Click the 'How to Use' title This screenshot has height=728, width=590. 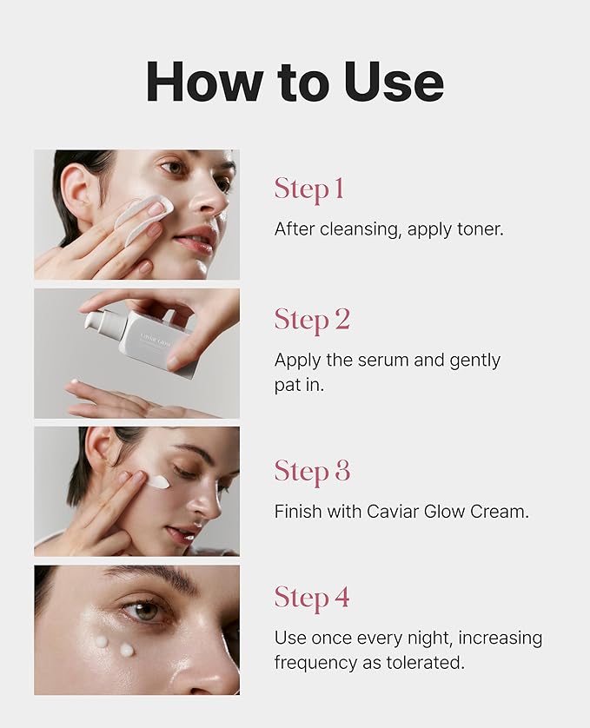click(295, 83)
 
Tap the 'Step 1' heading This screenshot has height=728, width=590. click(308, 189)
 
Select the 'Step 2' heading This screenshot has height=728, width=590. click(312, 320)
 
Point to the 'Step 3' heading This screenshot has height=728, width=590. click(312, 471)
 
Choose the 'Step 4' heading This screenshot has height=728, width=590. click(312, 598)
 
